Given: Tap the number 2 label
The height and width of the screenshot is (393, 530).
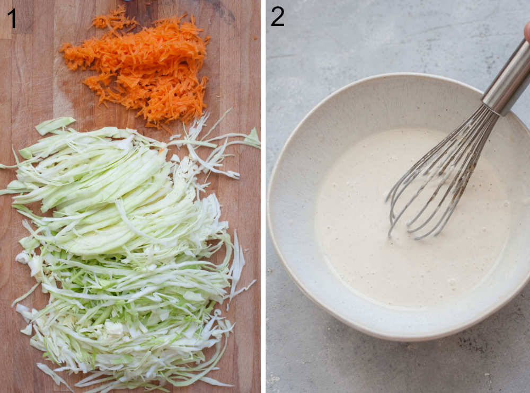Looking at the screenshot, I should (277, 16).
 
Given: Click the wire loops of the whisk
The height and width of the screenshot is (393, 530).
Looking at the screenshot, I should (440, 175).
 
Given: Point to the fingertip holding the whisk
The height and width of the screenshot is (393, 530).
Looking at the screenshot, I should (527, 32).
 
